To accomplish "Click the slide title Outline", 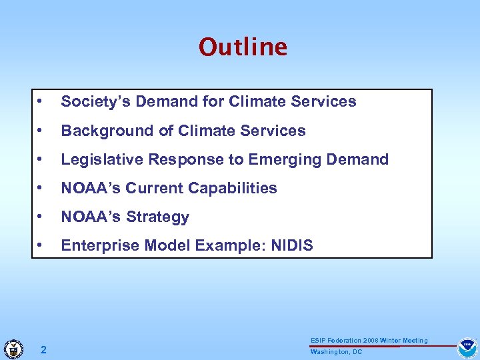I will [x=243, y=47].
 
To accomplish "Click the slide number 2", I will [x=43, y=349].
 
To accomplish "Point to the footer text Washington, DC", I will [x=336, y=352].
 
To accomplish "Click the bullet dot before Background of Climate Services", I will [x=41, y=131].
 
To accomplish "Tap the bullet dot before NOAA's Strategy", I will [x=41, y=217].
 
